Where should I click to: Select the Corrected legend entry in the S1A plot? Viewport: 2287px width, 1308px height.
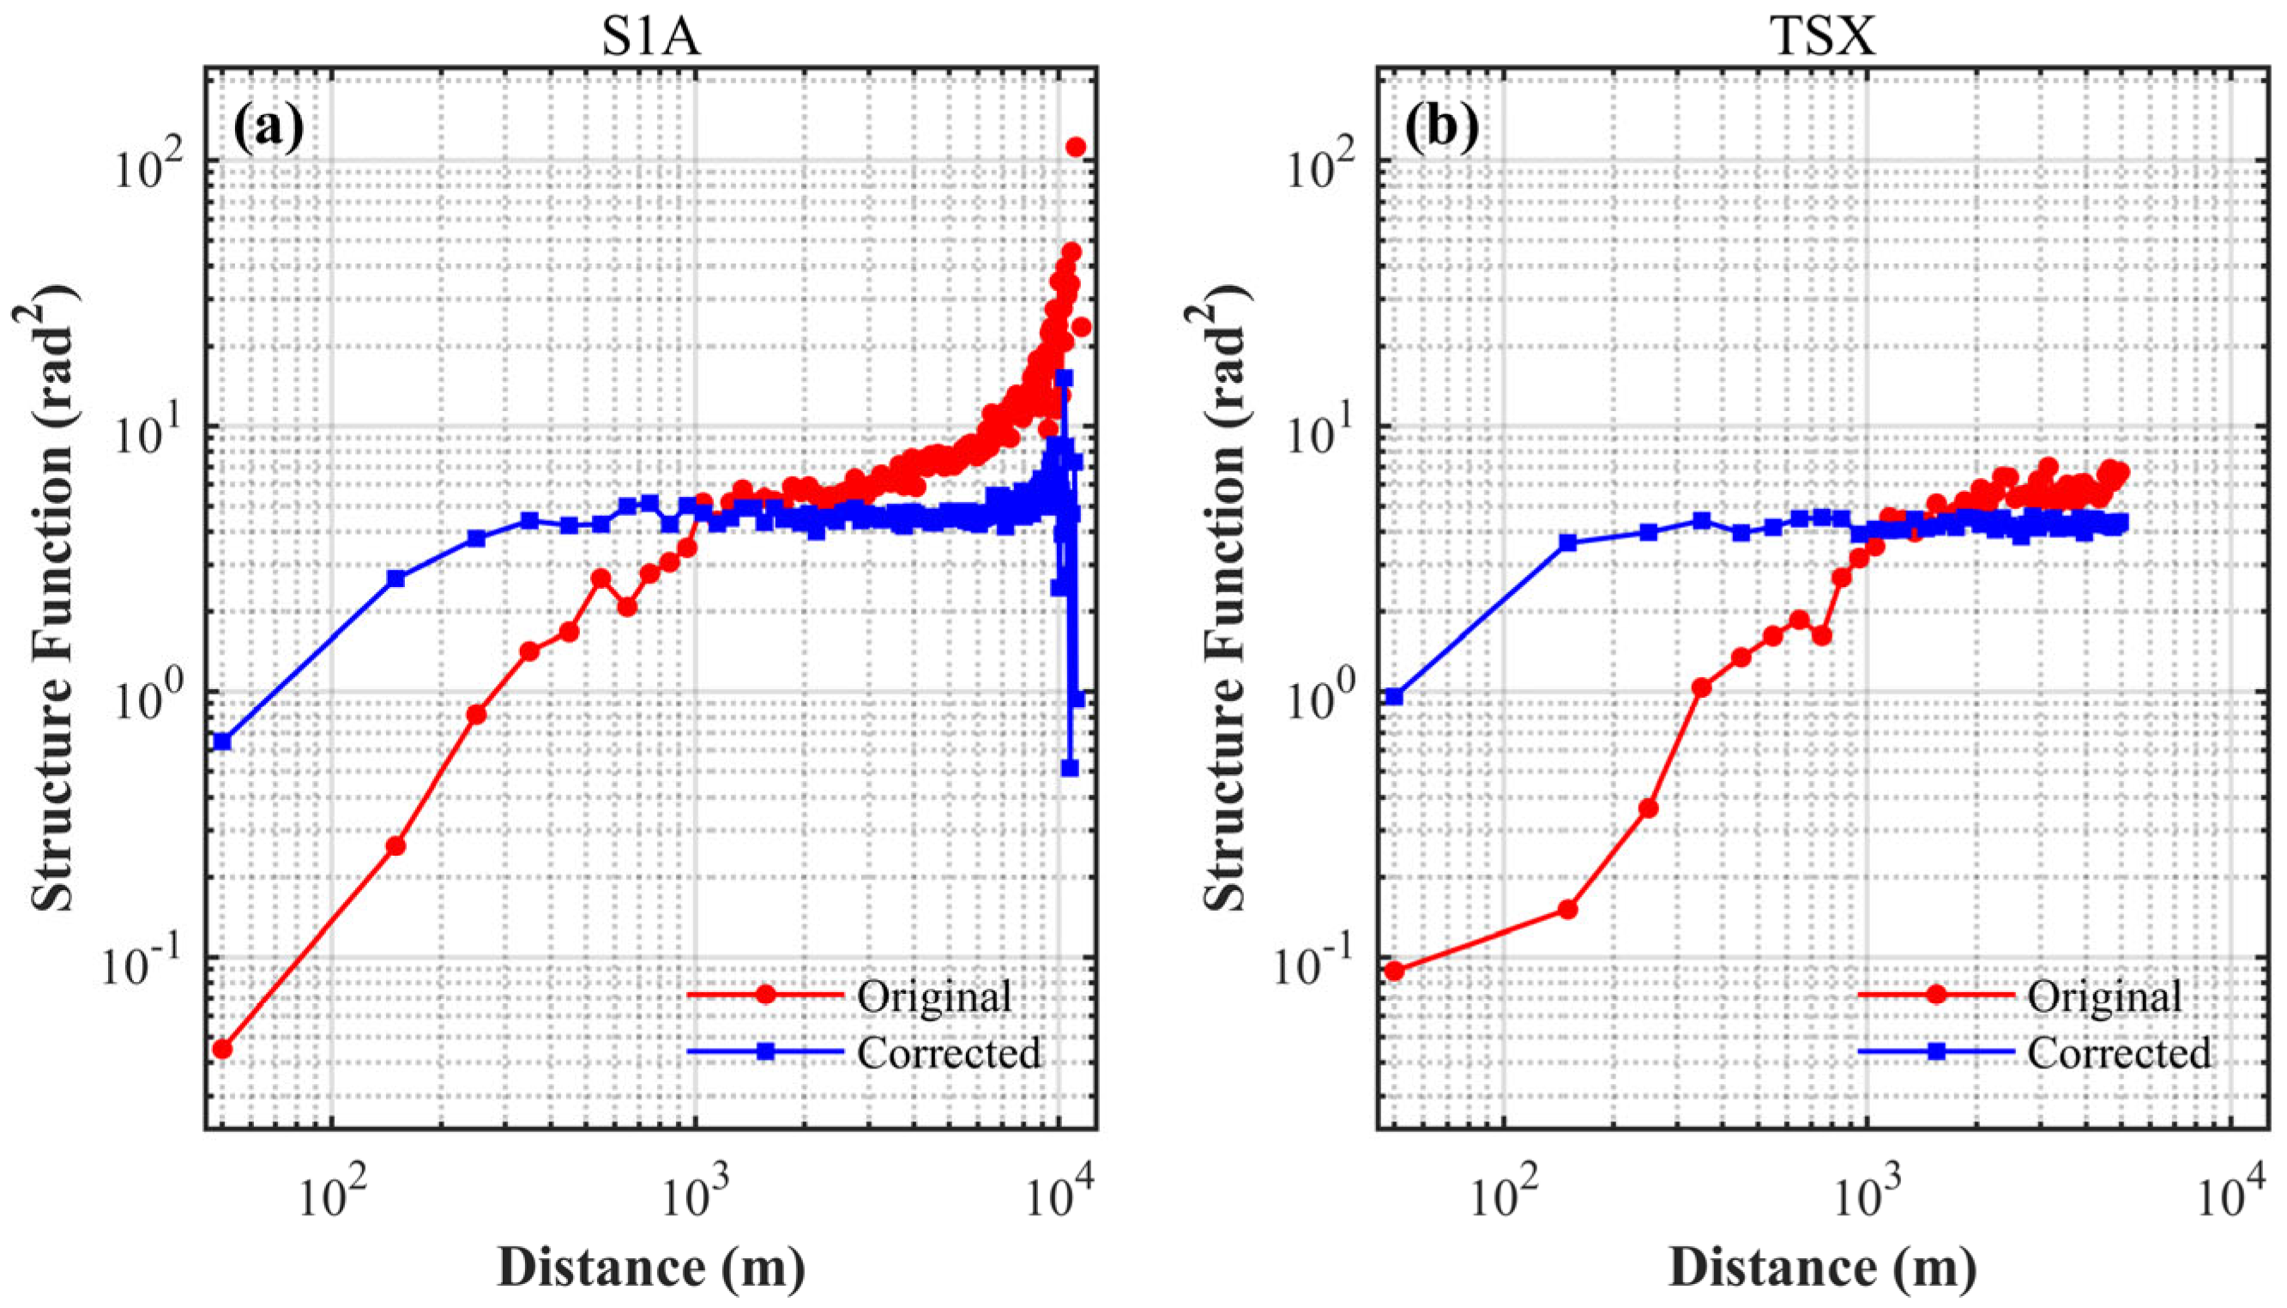949,1052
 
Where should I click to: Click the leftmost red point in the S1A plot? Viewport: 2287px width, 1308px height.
223,1050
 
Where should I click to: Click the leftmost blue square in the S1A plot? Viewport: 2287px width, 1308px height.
223,742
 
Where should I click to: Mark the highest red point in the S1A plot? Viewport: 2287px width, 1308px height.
1076,148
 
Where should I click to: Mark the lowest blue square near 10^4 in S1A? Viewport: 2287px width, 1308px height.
1070,767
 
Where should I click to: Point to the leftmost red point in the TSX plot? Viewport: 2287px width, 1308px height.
1395,971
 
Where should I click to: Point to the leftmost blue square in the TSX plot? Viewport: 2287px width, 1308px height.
1395,696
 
